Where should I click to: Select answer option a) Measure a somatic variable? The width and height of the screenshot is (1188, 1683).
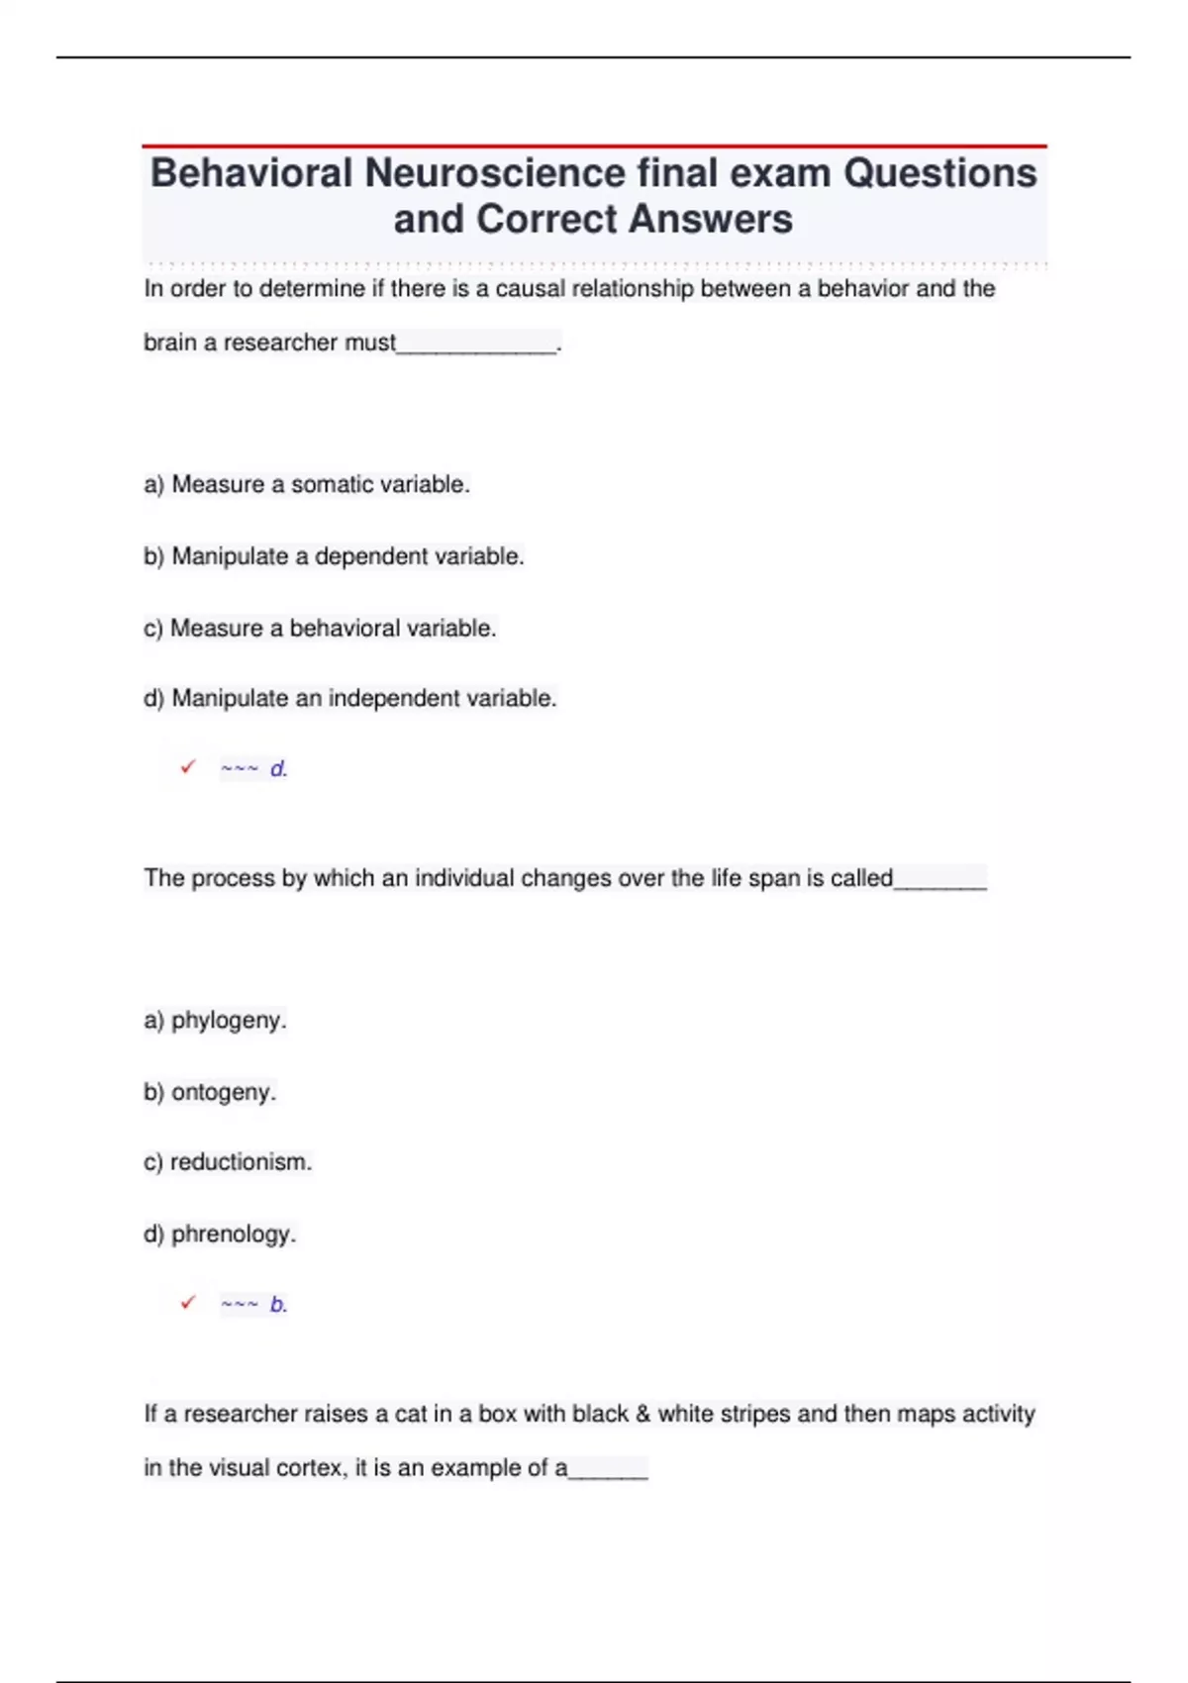tap(307, 484)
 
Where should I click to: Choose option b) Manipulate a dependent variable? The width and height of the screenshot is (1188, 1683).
tap(334, 556)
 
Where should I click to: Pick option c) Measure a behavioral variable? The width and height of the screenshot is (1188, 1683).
tap(320, 628)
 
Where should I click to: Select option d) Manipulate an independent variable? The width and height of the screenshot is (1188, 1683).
tap(350, 698)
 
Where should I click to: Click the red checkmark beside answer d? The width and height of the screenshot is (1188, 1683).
tap(188, 767)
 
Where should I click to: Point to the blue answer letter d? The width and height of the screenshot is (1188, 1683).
tap(278, 769)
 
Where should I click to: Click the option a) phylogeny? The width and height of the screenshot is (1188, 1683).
tap(215, 1020)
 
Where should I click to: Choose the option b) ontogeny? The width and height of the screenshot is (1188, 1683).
tap(210, 1092)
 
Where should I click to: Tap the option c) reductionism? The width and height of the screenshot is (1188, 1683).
tap(228, 1162)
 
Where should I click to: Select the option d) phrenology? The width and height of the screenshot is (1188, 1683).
tap(220, 1234)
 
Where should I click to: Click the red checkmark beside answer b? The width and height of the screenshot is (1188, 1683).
tap(188, 1303)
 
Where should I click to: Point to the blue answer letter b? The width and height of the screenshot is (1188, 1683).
tap(278, 1305)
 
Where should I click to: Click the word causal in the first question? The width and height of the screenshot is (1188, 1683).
tap(530, 289)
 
